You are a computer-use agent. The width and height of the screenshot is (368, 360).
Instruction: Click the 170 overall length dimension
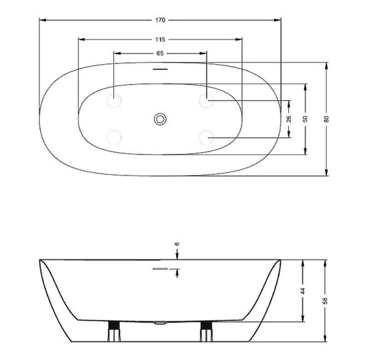click(160, 20)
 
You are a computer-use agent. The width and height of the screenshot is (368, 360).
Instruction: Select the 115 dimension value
click(160, 39)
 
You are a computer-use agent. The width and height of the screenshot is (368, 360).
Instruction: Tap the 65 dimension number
click(160, 53)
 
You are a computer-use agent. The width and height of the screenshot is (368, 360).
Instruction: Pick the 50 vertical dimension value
click(305, 118)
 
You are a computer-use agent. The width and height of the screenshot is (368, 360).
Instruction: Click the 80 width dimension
click(327, 118)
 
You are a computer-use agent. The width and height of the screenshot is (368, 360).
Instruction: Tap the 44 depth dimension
click(303, 291)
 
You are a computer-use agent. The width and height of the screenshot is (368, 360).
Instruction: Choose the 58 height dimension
click(326, 301)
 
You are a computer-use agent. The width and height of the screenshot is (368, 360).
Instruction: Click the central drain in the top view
click(160, 118)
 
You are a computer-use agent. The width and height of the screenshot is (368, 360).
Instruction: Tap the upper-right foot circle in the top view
click(206, 99)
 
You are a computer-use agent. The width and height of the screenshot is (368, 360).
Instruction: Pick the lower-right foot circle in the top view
click(206, 137)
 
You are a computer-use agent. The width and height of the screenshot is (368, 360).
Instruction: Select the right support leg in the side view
click(205, 332)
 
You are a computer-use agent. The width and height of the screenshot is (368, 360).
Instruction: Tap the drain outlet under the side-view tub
click(161, 321)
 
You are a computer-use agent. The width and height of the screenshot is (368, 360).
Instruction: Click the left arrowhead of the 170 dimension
click(42, 20)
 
